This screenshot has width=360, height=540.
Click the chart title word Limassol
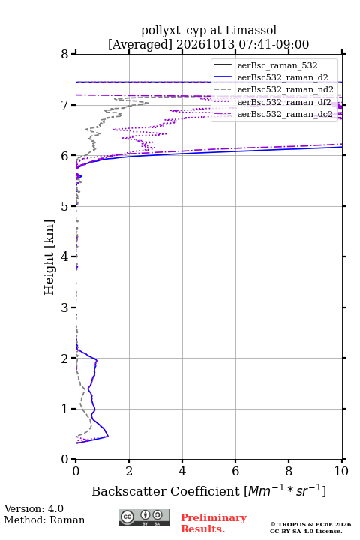click(251, 30)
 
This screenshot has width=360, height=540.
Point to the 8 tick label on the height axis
click(65, 54)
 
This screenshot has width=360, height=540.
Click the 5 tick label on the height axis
click(65, 206)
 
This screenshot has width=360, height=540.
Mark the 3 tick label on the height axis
click(65, 307)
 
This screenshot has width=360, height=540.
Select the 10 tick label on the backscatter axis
click(341, 471)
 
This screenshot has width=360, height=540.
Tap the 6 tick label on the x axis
click(235, 471)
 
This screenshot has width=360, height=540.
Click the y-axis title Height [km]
click(49, 257)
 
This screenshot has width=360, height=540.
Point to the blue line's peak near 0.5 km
click(108, 436)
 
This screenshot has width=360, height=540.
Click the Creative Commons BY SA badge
click(144, 517)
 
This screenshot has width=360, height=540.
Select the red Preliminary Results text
click(214, 523)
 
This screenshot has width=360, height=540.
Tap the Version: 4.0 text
click(34, 508)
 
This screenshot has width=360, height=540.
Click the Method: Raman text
click(44, 520)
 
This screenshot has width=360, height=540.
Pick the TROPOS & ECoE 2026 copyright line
click(312, 524)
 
